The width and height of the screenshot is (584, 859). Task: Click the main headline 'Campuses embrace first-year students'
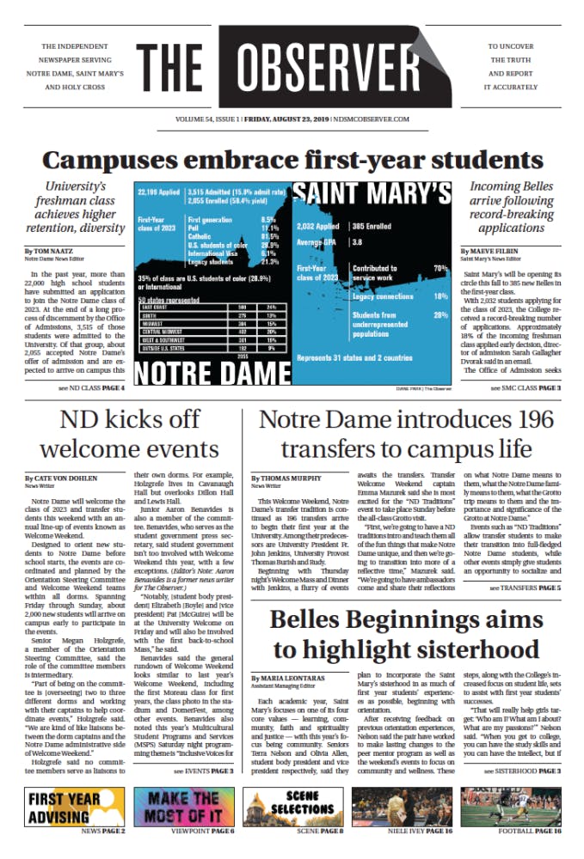point(292,160)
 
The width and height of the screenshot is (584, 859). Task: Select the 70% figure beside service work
point(440,269)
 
